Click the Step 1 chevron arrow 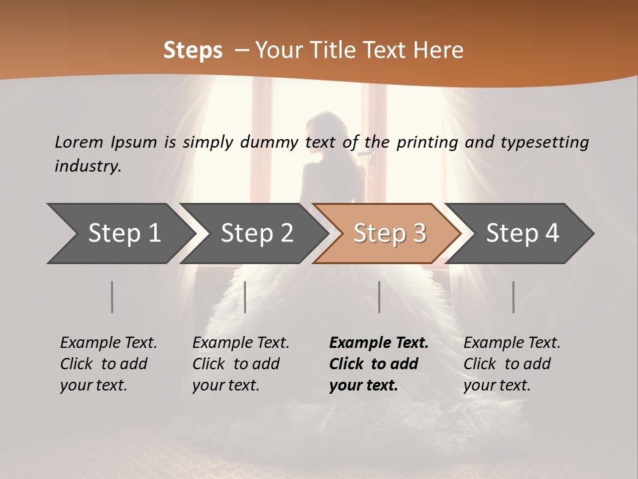pos(120,234)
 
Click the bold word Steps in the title pos(193,50)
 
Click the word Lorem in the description pos(78,142)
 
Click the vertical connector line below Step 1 pos(112,297)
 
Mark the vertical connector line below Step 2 pos(245,297)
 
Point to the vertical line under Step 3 pos(379,297)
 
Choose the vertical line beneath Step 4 pos(513,297)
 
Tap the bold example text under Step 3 pos(378,364)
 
